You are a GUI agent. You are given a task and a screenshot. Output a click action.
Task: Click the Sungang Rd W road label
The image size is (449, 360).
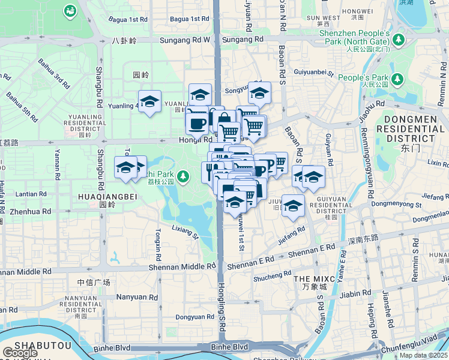click(x=185, y=40)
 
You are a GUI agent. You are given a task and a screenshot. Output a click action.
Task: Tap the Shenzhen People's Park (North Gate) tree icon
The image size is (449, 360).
click(x=398, y=40)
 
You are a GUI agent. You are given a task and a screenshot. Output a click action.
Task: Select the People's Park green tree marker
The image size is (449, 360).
click(x=397, y=79)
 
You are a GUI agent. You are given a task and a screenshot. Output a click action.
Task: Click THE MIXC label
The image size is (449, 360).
click(x=310, y=279)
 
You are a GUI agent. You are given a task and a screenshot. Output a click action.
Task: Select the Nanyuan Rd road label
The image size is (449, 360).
click(x=137, y=296)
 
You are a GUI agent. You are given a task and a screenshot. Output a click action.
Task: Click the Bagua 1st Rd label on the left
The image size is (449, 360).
click(x=128, y=19)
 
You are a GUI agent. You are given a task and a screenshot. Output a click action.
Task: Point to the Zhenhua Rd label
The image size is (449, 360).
click(x=29, y=212)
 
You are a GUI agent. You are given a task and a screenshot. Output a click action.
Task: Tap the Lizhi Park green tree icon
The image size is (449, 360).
click(x=186, y=176)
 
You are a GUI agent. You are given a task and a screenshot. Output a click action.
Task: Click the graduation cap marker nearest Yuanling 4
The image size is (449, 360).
click(x=149, y=101)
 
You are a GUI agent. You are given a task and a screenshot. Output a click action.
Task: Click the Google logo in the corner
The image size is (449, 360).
click(x=20, y=353)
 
